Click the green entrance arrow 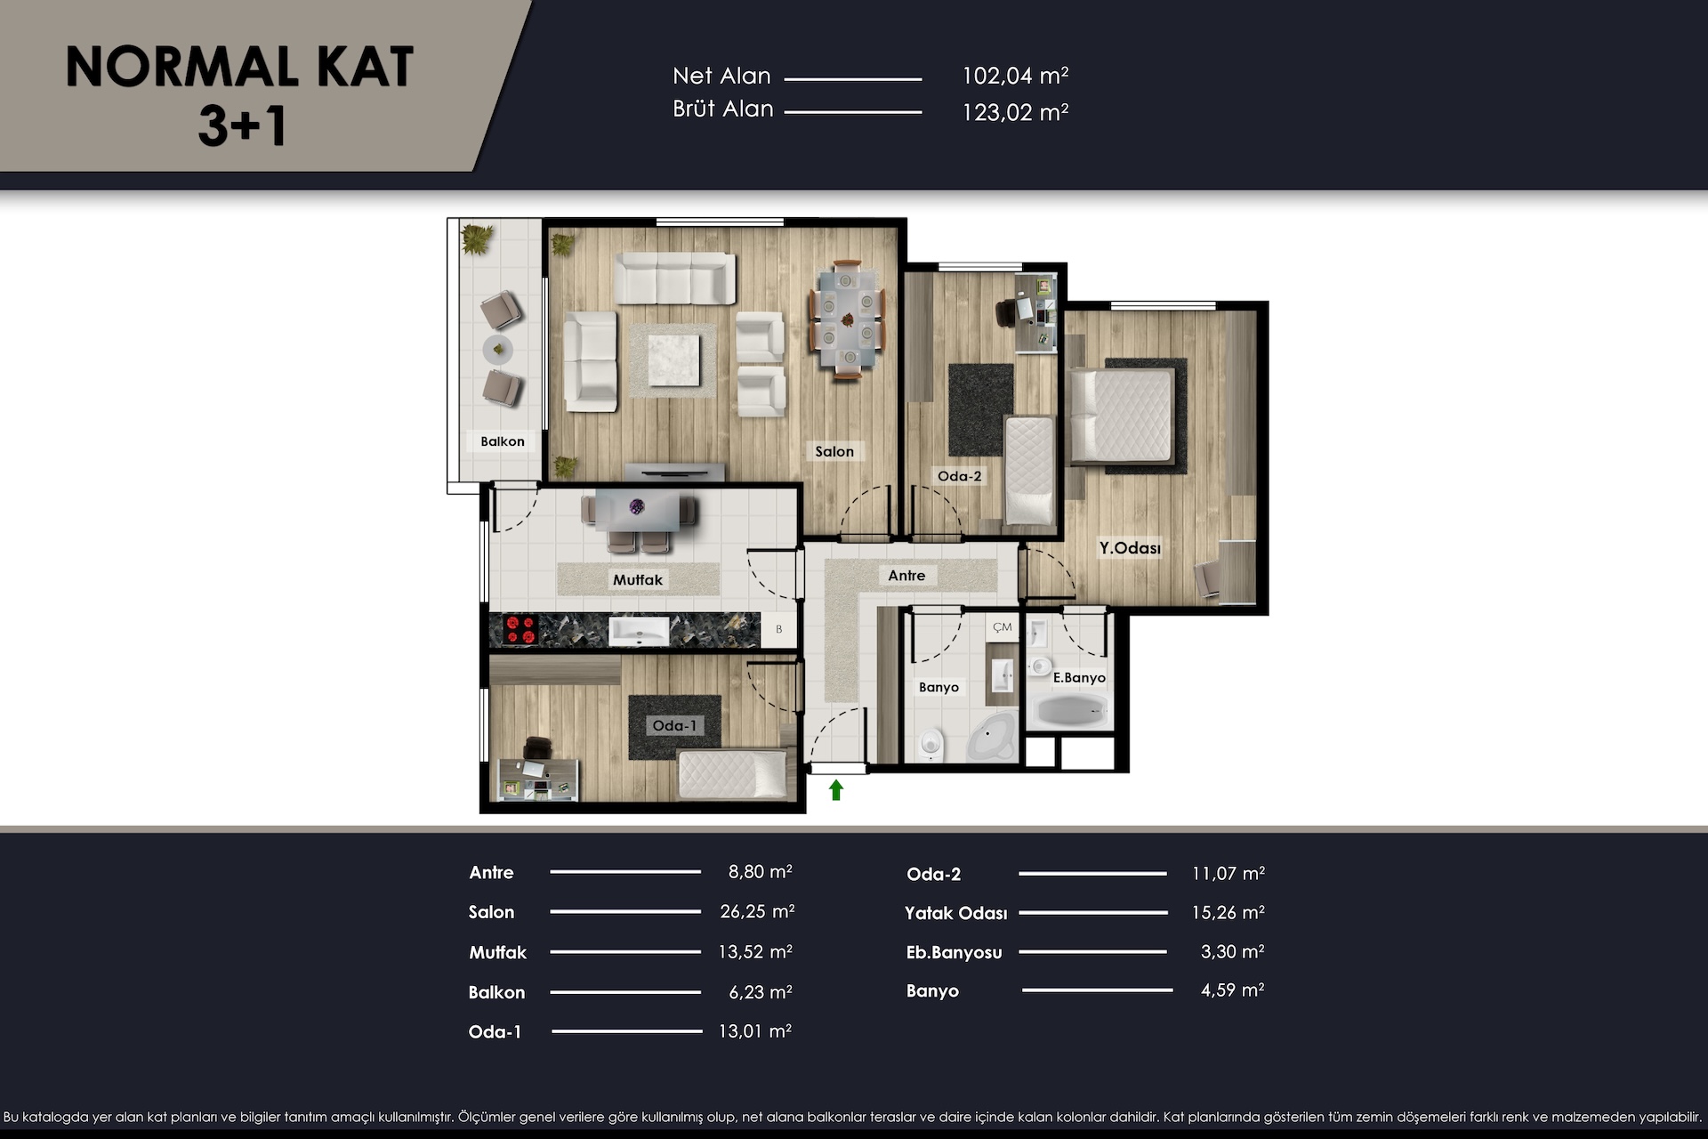click(835, 789)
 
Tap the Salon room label click(834, 452)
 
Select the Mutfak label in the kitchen click(638, 580)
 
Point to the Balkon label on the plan click(503, 441)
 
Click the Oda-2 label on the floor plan click(960, 476)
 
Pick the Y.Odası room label click(1130, 548)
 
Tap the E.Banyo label click(1079, 678)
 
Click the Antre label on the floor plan click(906, 576)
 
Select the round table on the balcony click(498, 350)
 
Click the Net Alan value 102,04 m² click(1015, 77)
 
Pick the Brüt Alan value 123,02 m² click(1015, 113)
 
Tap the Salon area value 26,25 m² click(757, 911)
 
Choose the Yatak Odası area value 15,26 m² click(1228, 912)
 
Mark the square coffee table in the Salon click(673, 359)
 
